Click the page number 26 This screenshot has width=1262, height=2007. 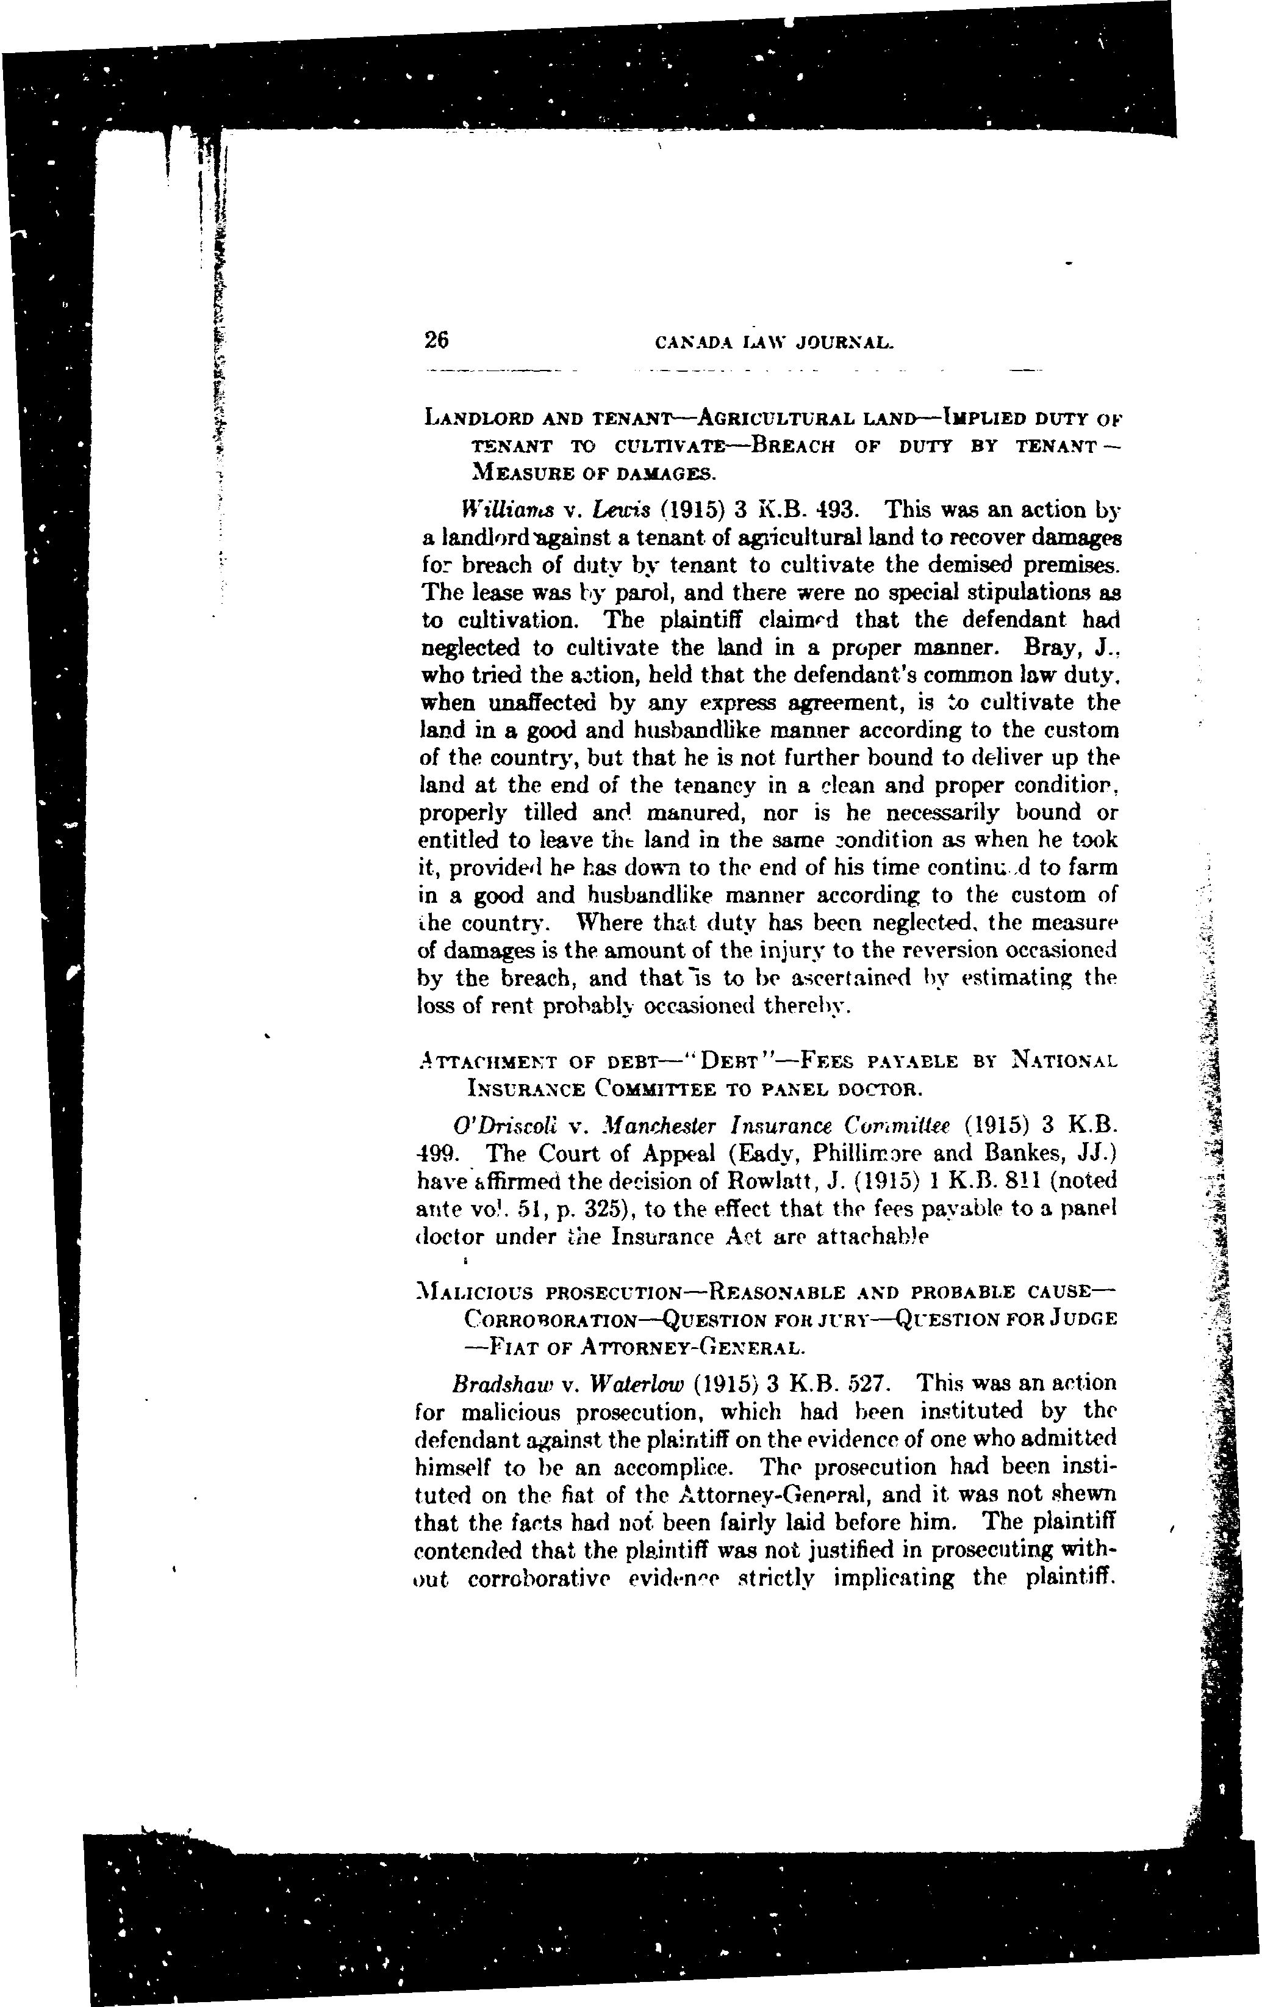point(436,340)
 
